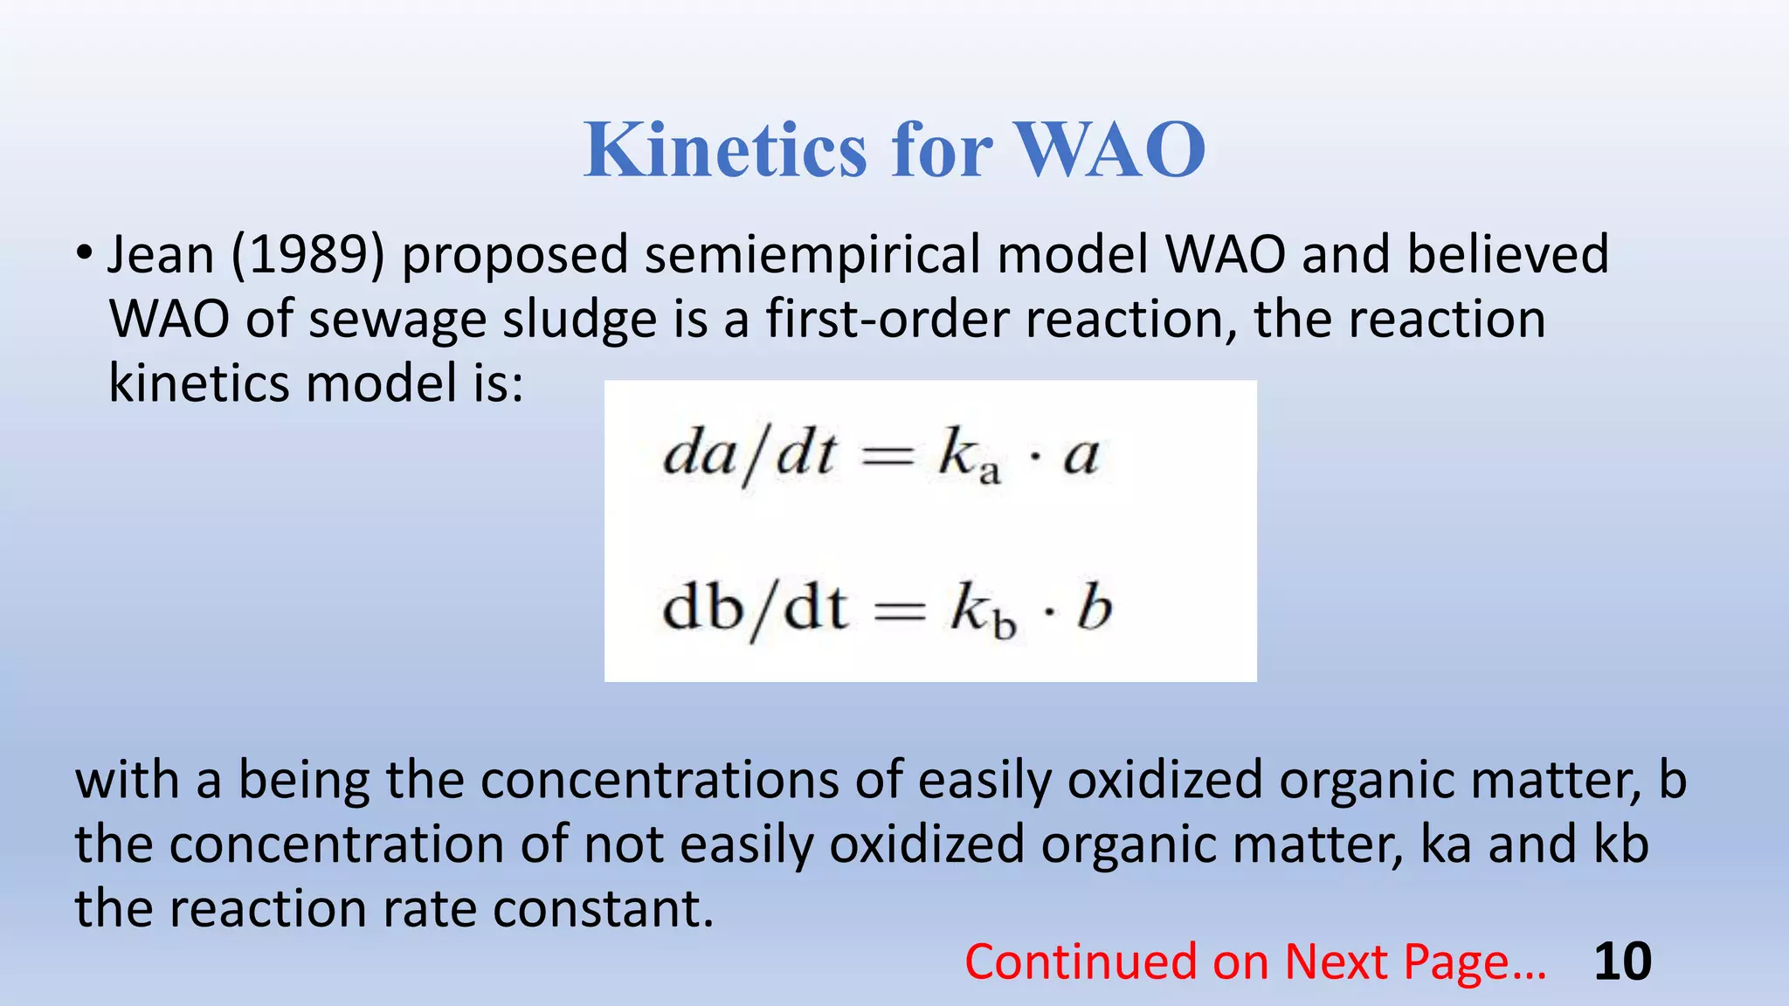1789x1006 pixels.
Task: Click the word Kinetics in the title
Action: (x=725, y=150)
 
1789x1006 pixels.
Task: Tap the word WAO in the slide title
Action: (x=1109, y=150)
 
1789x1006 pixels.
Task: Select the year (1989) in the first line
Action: (x=307, y=255)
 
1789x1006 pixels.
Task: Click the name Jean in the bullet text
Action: (x=161, y=255)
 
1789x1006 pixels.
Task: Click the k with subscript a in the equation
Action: (x=968, y=458)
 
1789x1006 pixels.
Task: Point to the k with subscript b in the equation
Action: (x=982, y=610)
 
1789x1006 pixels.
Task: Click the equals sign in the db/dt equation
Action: (x=900, y=610)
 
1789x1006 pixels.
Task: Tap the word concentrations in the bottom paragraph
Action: (x=660, y=780)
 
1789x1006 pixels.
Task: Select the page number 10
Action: (x=1622, y=962)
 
